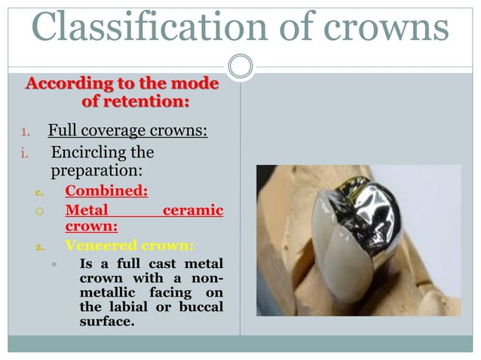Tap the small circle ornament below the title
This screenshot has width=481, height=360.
[240, 66]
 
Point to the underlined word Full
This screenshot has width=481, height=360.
[62, 131]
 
